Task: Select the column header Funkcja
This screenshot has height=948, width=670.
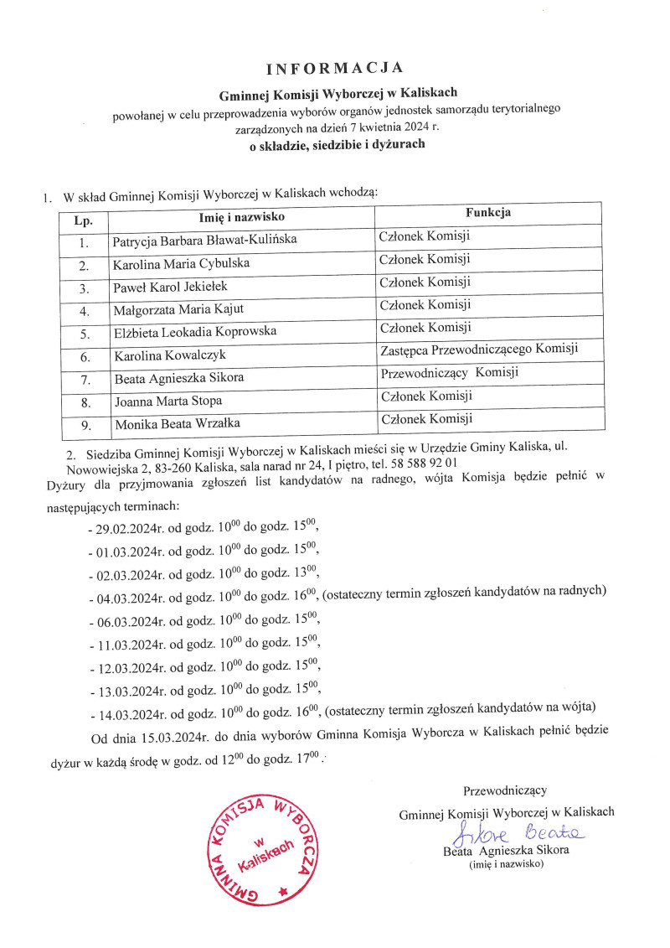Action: [x=488, y=213]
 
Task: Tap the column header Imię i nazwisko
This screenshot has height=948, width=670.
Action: [x=240, y=217]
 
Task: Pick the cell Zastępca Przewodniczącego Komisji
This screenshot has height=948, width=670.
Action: [x=478, y=349]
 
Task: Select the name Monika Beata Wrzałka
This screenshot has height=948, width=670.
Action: [x=172, y=424]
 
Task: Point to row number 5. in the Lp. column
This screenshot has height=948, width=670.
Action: [x=83, y=333]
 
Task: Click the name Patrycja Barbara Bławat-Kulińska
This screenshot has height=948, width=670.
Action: [x=204, y=241]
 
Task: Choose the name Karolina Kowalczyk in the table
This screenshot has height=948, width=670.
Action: [x=167, y=356]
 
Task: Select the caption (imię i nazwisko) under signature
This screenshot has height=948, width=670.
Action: [x=506, y=865]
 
